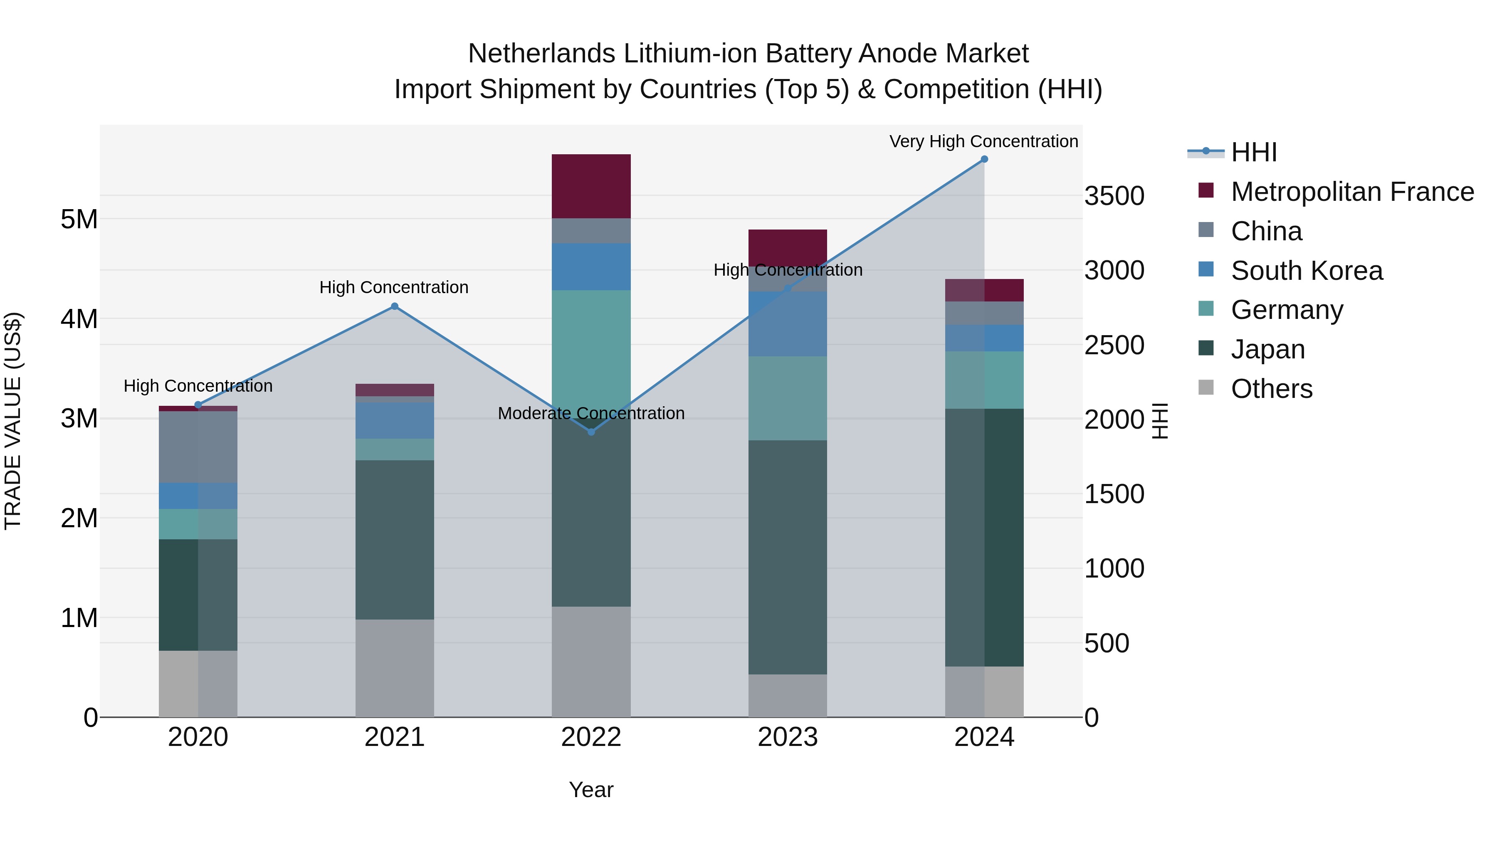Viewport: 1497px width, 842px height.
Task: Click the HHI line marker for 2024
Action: pyautogui.click(x=984, y=159)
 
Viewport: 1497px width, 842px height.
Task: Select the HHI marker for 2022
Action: pyautogui.click(x=591, y=432)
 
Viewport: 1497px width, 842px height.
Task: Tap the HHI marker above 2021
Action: pyautogui.click(x=395, y=306)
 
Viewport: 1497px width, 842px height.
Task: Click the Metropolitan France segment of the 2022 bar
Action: pyautogui.click(x=591, y=186)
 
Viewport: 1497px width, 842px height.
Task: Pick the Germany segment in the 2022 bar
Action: pyautogui.click(x=591, y=349)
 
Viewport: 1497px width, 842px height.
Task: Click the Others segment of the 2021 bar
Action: pyautogui.click(x=395, y=668)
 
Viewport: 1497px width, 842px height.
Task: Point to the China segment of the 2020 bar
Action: pyautogui.click(x=198, y=447)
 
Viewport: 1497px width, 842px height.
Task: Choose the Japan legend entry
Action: pyautogui.click(x=1267, y=349)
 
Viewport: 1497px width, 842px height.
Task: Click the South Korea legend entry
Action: pyautogui.click(x=1307, y=271)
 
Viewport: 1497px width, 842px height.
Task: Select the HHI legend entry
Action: pyautogui.click(x=1253, y=152)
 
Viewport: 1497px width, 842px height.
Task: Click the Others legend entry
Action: pyautogui.click(x=1271, y=389)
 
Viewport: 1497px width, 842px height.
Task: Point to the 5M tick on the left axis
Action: pyautogui.click(x=79, y=219)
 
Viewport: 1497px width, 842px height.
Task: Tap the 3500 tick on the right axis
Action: pyautogui.click(x=1114, y=196)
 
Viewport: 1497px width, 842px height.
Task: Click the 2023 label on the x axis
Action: pyautogui.click(x=788, y=737)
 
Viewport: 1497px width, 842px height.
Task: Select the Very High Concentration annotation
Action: pyautogui.click(x=983, y=141)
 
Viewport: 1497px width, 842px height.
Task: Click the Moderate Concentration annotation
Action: pyautogui.click(x=591, y=413)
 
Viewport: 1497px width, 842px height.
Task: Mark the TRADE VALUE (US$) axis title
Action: pyautogui.click(x=13, y=421)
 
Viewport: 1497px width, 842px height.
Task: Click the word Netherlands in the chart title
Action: pyautogui.click(x=541, y=54)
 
